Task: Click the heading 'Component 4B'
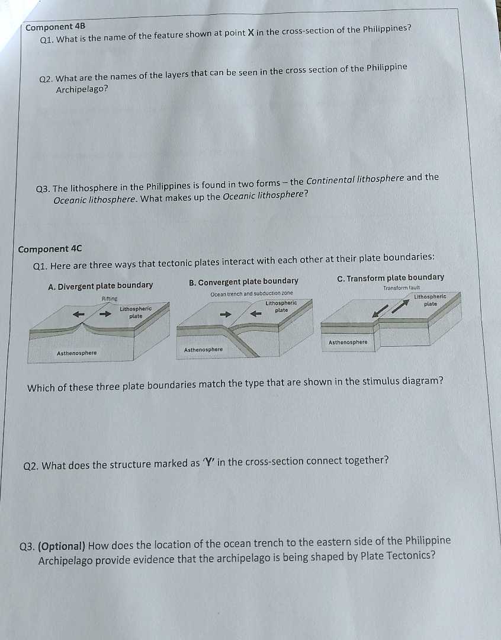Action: [x=56, y=27]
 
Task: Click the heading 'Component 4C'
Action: [x=50, y=249]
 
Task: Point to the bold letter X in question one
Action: [x=250, y=32]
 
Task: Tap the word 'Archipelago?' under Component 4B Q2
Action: [x=82, y=89]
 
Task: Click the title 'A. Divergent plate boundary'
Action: [x=100, y=286]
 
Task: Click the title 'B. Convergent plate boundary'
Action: [x=243, y=281]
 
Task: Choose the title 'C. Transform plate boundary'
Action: [x=390, y=277]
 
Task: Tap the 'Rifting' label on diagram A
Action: [x=110, y=299]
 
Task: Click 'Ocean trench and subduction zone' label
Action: [x=252, y=294]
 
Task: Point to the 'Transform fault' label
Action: [x=402, y=287]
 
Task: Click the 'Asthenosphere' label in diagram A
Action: [x=76, y=353]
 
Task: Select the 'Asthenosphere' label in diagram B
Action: [x=203, y=350]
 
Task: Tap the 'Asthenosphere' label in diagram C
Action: [x=348, y=342]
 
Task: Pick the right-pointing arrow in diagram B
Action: [x=226, y=315]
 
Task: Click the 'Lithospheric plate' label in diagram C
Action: [x=430, y=300]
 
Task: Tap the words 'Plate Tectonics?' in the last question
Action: [x=397, y=556]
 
